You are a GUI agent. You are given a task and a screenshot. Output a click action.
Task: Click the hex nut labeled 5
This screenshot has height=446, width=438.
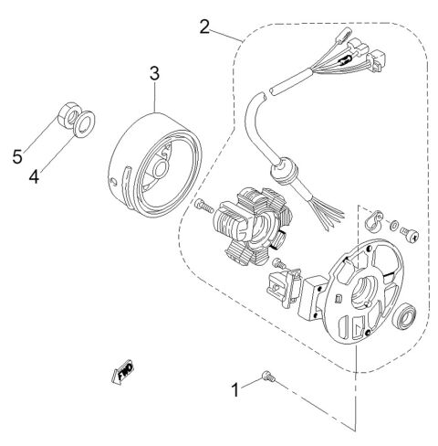[67, 115]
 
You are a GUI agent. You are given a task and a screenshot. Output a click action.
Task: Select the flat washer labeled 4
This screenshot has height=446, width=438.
[85, 121]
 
